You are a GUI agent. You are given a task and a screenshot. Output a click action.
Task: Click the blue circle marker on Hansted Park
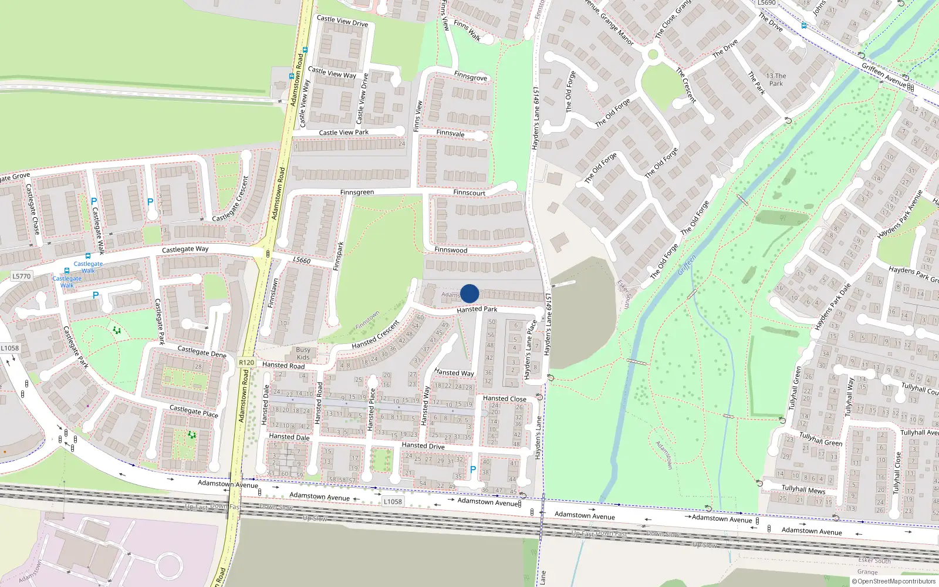pyautogui.click(x=469, y=293)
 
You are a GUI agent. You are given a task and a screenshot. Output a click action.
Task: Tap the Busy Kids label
pyautogui.click(x=303, y=353)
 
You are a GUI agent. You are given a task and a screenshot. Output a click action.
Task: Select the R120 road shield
pyautogui.click(x=246, y=363)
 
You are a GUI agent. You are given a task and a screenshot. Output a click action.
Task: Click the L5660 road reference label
pyautogui.click(x=302, y=260)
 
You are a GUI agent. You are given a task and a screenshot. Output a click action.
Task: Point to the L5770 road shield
pyautogui.click(x=21, y=276)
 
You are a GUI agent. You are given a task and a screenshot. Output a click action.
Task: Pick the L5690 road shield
pyautogui.click(x=766, y=3)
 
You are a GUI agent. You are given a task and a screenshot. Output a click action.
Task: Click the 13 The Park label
pyautogui.click(x=776, y=80)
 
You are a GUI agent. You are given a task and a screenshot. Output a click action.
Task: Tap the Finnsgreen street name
pyautogui.click(x=357, y=193)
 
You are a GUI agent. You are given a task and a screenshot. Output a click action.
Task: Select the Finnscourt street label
pyautogui.click(x=469, y=193)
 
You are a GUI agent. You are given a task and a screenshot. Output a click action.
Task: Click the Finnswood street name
pyautogui.click(x=451, y=250)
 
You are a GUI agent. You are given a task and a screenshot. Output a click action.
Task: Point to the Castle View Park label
pyautogui.click(x=344, y=133)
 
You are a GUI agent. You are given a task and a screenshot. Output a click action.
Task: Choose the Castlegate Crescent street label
pyautogui.click(x=231, y=200)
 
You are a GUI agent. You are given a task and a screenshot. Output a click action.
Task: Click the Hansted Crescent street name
pyautogui.click(x=376, y=335)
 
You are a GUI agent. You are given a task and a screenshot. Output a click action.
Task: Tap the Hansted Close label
pyautogui.click(x=505, y=399)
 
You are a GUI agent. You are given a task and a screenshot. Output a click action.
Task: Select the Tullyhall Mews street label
pyautogui.click(x=803, y=490)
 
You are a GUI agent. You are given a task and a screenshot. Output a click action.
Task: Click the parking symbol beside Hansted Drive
pyautogui.click(x=473, y=470)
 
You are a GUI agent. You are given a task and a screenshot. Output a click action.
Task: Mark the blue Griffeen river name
pyautogui.click(x=687, y=265)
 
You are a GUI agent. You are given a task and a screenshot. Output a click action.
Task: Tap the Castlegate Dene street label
pyautogui.click(x=202, y=352)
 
